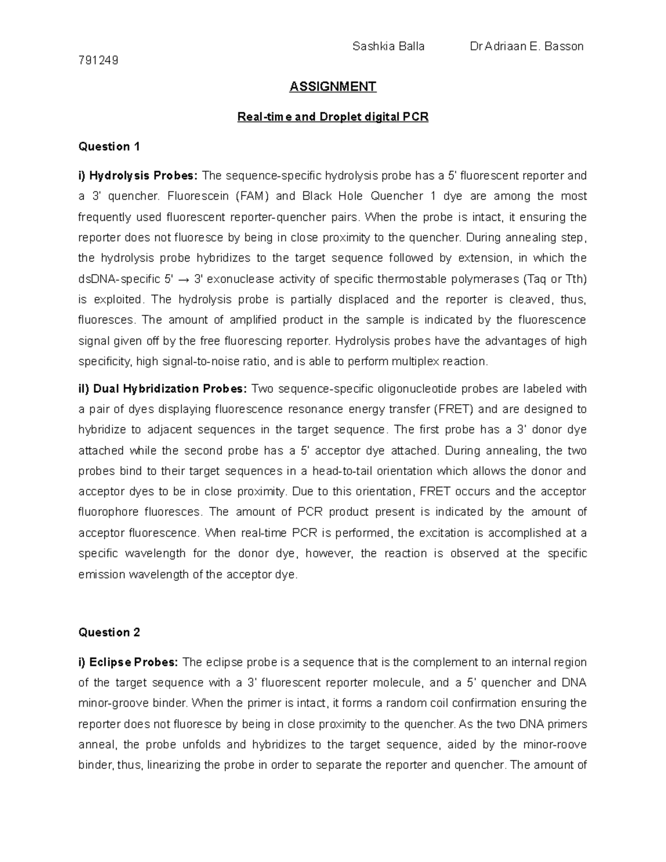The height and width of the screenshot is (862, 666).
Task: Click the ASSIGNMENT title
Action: tap(333, 87)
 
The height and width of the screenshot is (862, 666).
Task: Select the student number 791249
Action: tap(99, 61)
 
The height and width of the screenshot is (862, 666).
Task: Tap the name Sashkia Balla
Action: tap(389, 47)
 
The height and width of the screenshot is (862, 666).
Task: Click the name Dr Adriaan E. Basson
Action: tap(526, 47)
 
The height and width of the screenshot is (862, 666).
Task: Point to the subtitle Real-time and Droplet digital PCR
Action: tap(333, 117)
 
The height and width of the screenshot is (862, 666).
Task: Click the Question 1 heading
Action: tap(109, 147)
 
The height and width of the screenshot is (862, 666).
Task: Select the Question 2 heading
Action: tap(109, 633)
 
